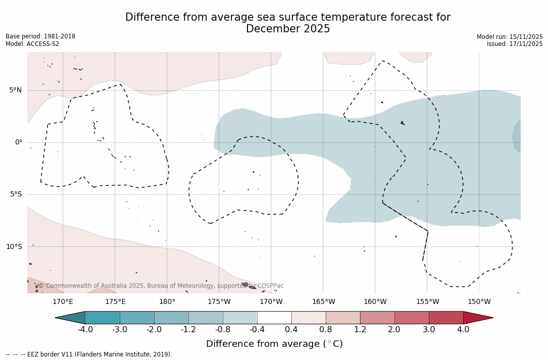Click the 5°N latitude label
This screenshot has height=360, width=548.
point(15,90)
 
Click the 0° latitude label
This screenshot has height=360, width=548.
point(19,142)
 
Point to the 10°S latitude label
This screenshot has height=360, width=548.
point(14,246)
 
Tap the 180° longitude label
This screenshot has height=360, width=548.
point(167,302)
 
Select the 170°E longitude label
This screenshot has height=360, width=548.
point(63,302)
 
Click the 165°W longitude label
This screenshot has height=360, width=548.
point(323,302)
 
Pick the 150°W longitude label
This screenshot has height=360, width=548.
point(479,302)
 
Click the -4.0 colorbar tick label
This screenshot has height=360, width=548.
point(85,330)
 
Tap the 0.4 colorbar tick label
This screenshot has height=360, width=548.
point(291,330)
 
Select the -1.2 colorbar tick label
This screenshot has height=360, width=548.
point(188,330)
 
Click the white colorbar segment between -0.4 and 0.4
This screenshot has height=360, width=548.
point(274,318)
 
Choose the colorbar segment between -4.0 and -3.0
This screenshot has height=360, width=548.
point(103,318)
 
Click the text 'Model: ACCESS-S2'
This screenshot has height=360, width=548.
point(32,44)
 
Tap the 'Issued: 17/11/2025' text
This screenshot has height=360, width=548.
point(515,44)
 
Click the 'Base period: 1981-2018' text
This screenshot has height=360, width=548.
point(40,36)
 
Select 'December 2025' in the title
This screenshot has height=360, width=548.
point(288,29)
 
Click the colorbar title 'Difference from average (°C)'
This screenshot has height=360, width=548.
point(274,344)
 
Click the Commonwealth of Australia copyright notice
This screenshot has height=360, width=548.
point(161,286)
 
